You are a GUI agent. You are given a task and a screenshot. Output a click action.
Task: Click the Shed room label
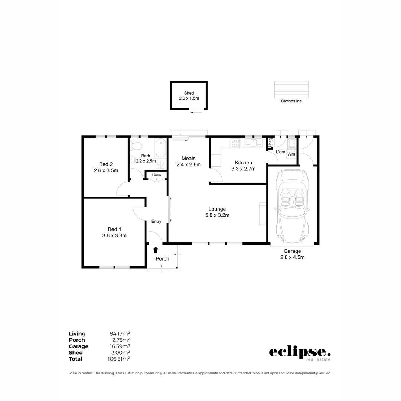click(x=189, y=93)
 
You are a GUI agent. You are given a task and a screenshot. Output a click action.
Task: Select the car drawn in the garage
click(x=291, y=206)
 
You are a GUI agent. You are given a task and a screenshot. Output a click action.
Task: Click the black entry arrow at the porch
click(x=156, y=250)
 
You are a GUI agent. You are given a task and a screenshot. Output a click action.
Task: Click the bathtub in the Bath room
click(x=161, y=148)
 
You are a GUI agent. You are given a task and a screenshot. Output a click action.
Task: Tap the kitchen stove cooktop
click(x=235, y=143)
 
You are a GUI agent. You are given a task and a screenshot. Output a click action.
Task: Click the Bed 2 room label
click(x=106, y=164)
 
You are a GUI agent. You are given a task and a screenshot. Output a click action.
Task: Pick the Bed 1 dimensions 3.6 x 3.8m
click(x=114, y=235)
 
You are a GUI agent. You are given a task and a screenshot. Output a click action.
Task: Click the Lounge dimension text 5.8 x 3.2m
click(x=217, y=215)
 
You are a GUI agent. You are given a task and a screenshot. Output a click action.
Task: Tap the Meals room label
click(x=188, y=159)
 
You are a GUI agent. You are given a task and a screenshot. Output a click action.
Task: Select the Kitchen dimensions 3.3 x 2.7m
click(x=243, y=169)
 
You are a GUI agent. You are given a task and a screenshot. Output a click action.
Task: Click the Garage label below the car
click(x=292, y=251)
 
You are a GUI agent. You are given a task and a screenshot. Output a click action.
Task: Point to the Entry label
click(x=156, y=221)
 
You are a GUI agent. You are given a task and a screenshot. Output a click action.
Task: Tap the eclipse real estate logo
click(x=300, y=353)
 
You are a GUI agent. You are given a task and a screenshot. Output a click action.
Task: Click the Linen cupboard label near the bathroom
click(x=156, y=175)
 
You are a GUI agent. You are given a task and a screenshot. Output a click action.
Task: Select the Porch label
click(x=162, y=259)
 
